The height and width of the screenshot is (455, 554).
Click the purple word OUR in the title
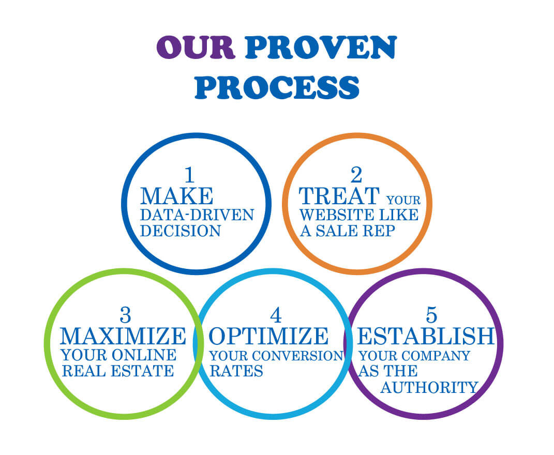click(196, 48)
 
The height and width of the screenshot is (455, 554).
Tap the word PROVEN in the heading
click(321, 48)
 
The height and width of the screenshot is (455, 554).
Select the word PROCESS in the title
click(277, 87)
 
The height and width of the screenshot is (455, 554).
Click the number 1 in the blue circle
click(190, 175)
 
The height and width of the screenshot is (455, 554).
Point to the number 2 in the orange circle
click(356, 175)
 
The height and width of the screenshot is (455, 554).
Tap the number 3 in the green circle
click(125, 315)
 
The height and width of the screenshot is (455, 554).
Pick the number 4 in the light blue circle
click(276, 315)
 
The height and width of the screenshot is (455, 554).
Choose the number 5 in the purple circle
click(431, 315)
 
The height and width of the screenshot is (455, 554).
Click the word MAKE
click(177, 196)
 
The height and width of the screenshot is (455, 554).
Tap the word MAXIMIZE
click(123, 336)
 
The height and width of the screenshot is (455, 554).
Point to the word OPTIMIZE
click(268, 336)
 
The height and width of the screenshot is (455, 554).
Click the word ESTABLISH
click(426, 336)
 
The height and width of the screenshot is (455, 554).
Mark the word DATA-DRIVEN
click(197, 215)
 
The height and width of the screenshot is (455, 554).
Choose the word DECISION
click(181, 231)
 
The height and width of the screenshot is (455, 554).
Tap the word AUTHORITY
click(429, 388)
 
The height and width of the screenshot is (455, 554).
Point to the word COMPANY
click(434, 355)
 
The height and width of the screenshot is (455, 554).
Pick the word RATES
click(236, 371)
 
